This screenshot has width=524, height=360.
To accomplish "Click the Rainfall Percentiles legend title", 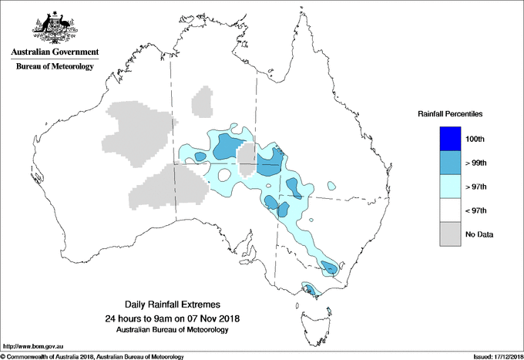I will pyautogui.click(x=450, y=114).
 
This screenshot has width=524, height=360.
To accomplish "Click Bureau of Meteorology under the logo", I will pyautogui.click(x=55, y=67).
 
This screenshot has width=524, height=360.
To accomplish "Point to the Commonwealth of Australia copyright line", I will pyautogui.click(x=92, y=355).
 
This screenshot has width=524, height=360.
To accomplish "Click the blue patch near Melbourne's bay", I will pyautogui.click(x=309, y=291).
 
